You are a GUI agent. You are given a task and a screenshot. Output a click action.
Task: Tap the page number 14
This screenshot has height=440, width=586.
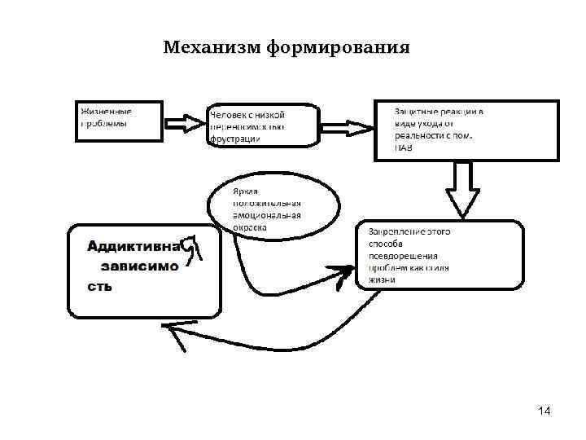pyautogui.click(x=544, y=411)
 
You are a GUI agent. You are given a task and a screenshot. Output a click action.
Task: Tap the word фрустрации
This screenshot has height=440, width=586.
pyautogui.click(x=236, y=139)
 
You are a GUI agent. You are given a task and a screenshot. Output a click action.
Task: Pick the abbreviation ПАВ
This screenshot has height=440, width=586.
pyautogui.click(x=404, y=147)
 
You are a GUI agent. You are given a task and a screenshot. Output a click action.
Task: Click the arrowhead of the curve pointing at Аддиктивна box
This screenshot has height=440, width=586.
pyautogui.click(x=173, y=328)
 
